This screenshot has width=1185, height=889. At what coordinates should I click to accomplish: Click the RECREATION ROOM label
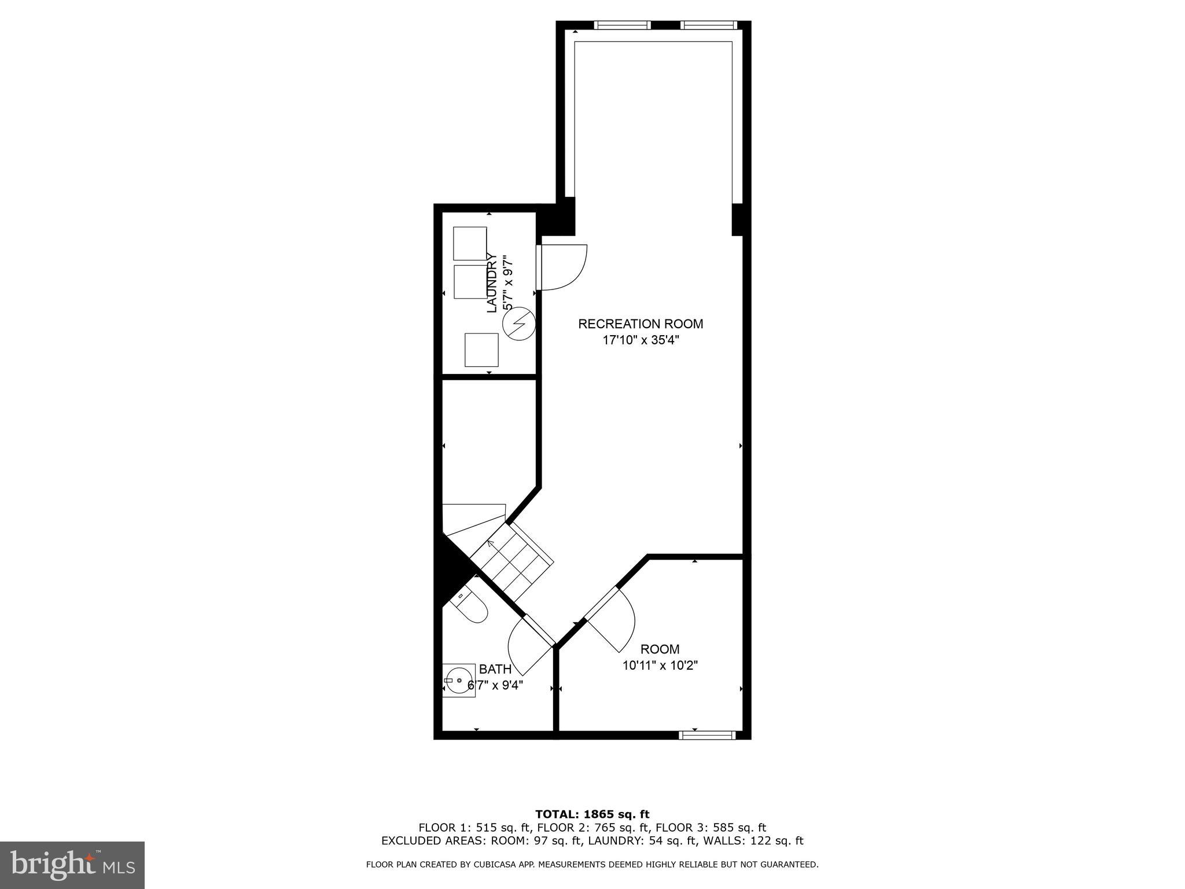point(641,324)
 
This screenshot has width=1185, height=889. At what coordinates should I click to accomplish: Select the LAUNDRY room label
point(492,282)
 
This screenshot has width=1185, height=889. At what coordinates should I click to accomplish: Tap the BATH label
point(495,670)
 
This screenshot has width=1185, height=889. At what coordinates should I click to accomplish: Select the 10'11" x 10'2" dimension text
point(660,666)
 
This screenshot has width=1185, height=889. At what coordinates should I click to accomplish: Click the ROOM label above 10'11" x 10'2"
point(660,649)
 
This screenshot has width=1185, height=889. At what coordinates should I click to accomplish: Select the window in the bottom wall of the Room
point(707,735)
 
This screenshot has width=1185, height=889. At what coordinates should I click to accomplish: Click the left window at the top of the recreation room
point(623,25)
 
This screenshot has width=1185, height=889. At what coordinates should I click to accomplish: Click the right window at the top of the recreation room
point(709,25)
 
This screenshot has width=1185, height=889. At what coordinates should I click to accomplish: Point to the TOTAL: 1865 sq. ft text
point(592,815)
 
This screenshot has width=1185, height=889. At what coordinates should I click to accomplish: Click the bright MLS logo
point(72,865)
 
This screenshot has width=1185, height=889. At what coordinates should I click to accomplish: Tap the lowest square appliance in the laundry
point(481,350)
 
